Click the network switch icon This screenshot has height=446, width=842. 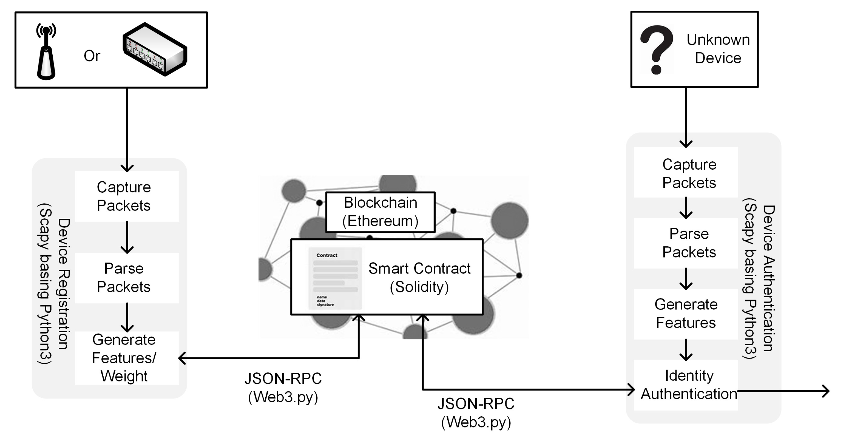[155, 49]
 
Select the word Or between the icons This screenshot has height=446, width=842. [92, 56]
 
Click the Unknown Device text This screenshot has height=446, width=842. [718, 49]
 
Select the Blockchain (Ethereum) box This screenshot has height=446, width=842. [380, 212]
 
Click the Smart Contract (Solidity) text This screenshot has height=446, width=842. [419, 277]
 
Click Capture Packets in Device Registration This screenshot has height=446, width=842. [124, 196]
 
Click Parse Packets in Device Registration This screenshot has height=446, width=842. [124, 278]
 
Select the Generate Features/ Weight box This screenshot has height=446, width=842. [124, 358]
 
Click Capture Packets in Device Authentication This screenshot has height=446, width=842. [689, 174]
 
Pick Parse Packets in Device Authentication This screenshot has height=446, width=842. [689, 243]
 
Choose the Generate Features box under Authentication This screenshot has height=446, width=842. [686, 314]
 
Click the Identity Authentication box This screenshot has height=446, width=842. [689, 385]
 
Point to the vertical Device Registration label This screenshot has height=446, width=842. [63, 283]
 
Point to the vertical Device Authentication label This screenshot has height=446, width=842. [768, 279]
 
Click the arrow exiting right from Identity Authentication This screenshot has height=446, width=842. [784, 391]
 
